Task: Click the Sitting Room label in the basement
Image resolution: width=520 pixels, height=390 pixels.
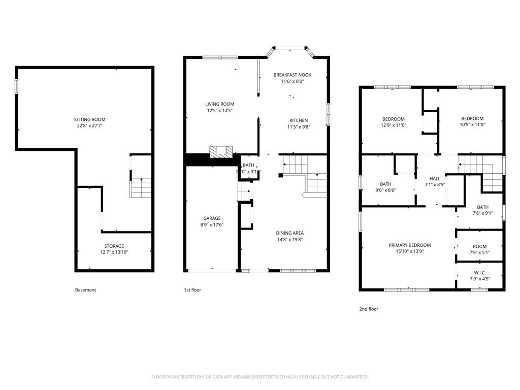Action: tap(89, 119)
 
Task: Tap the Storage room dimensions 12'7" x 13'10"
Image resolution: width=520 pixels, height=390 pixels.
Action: tap(114, 252)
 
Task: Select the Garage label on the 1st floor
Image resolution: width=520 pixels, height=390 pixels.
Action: tap(212, 218)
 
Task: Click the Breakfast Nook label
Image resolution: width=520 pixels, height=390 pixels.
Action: tap(292, 75)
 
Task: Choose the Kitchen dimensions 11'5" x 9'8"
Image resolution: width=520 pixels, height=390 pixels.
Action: tap(298, 127)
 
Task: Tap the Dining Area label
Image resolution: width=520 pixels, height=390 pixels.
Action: tap(290, 233)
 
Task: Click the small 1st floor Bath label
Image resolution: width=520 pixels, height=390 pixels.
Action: tap(248, 165)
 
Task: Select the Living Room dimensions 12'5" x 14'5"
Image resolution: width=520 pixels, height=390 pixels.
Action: tap(219, 111)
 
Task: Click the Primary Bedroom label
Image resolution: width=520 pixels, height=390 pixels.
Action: tap(410, 245)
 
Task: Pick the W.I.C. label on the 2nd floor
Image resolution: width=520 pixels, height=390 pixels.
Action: tap(480, 273)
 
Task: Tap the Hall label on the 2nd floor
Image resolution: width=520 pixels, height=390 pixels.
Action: tap(435, 179)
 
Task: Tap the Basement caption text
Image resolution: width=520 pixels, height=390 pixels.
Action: tap(85, 290)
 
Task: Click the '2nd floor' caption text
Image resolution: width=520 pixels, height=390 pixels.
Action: tap(369, 309)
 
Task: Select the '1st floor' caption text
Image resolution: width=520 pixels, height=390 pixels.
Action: tap(192, 290)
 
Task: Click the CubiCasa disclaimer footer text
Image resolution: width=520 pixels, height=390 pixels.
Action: tap(260, 377)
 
